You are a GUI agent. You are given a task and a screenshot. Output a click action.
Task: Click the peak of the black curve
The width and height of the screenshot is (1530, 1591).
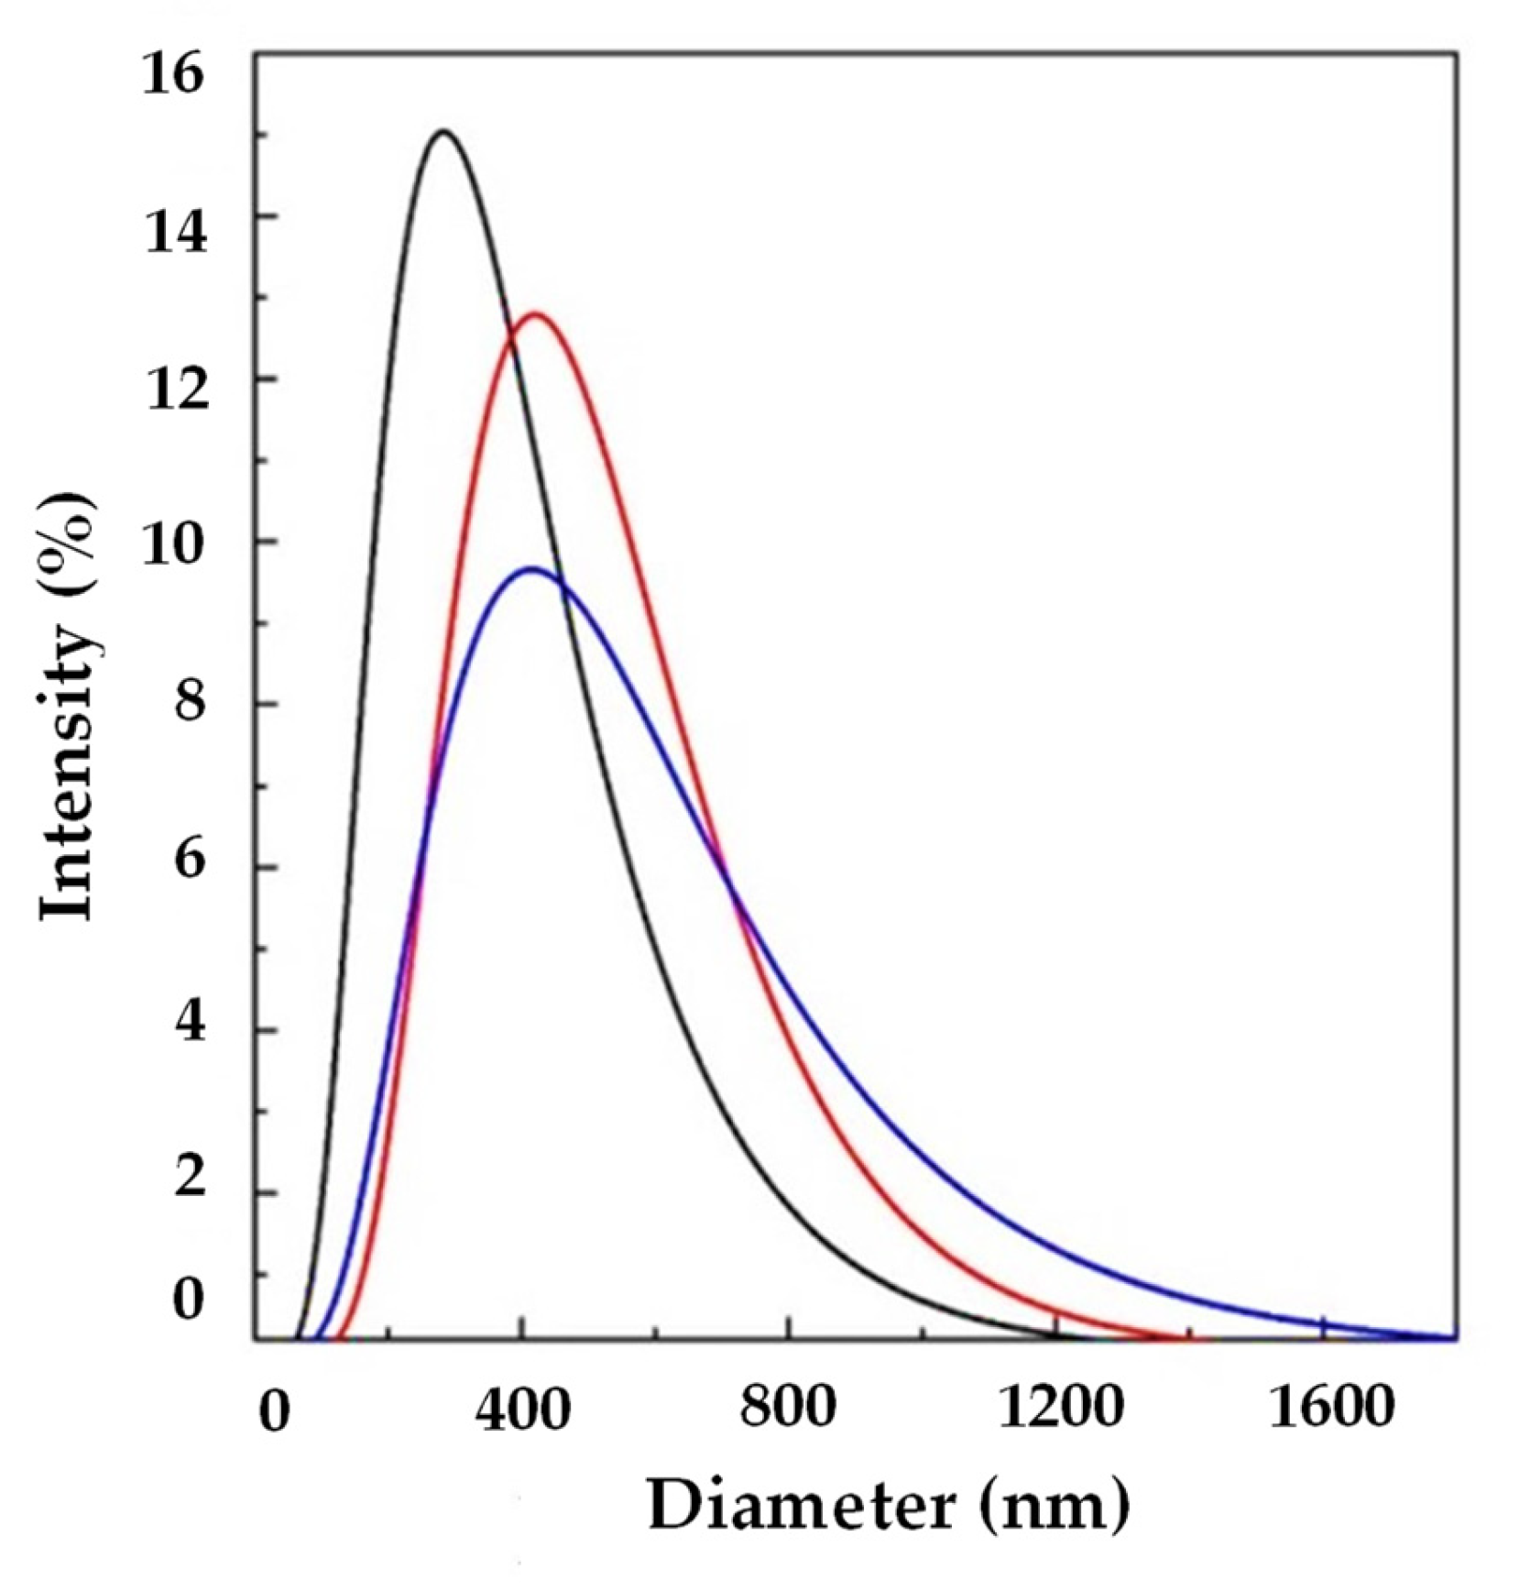[x=443, y=132]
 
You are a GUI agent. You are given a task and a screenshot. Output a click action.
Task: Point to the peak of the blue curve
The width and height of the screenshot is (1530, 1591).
[x=531, y=569]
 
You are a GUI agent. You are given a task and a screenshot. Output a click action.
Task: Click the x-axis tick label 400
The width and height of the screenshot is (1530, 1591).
[x=522, y=1409]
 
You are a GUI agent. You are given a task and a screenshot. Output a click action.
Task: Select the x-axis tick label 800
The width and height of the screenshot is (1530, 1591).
[x=789, y=1407]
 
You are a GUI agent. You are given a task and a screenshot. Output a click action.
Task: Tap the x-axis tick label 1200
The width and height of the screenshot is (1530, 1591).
[x=1059, y=1407]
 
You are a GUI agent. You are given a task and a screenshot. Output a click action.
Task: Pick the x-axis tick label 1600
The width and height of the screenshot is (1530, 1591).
[x=1330, y=1407]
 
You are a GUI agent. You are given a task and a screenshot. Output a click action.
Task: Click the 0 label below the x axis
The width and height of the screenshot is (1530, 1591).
[x=274, y=1411]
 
